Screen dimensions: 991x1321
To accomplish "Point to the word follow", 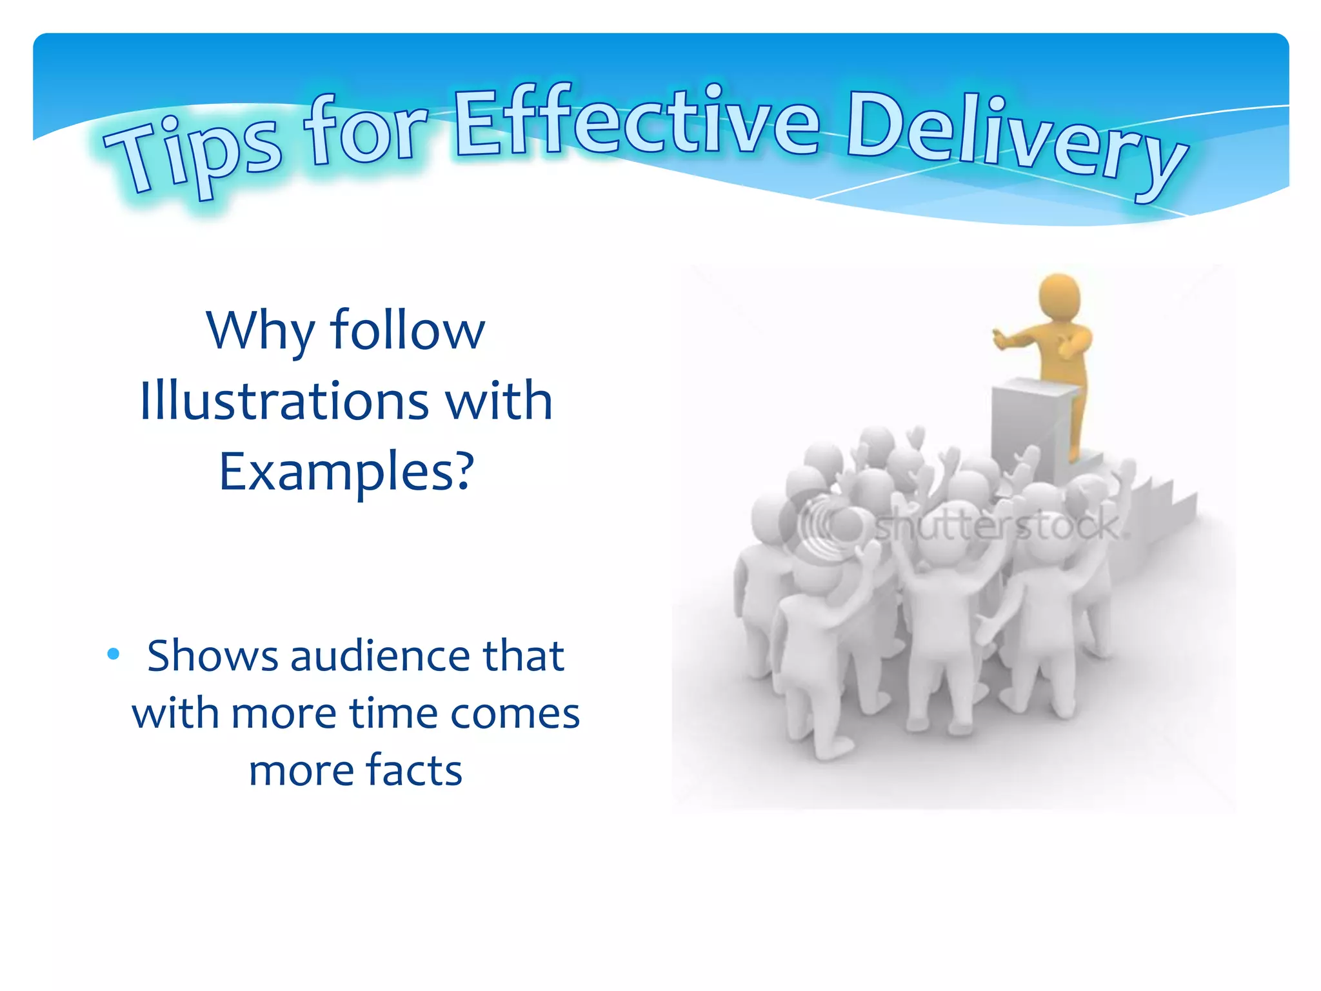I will (x=407, y=330).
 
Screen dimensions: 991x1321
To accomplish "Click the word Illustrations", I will (x=284, y=401).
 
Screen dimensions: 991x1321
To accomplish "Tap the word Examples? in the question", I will (x=346, y=472).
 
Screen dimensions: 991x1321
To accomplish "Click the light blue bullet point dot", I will (x=114, y=654).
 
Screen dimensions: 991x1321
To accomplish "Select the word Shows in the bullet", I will (x=213, y=656).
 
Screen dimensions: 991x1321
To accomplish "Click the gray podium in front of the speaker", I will (x=1026, y=426).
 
